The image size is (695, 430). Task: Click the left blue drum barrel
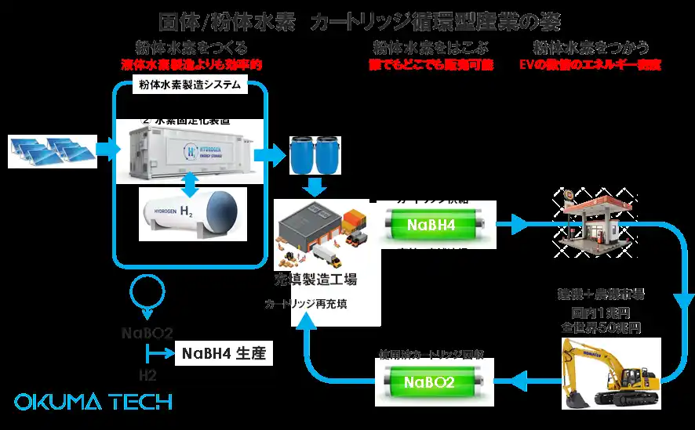coord(303,155)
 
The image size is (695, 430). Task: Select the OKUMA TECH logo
coord(93,402)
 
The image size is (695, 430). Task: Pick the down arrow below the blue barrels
coord(315,189)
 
